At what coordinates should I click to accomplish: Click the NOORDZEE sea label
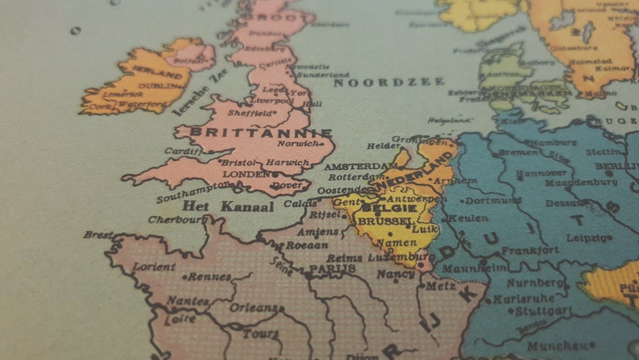pos(389,82)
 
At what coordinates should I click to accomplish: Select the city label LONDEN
pos(246,174)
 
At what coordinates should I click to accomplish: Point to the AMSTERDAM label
pos(357,167)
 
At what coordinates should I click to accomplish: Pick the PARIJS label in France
pos(332,268)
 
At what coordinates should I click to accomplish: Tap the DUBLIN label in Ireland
pos(161,85)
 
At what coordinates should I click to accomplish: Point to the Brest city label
pos(98,235)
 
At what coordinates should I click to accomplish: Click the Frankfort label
pos(532,250)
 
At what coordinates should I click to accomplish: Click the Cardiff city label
pos(182,151)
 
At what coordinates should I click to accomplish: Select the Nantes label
pos(188,301)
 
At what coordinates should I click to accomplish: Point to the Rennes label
pos(208,277)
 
